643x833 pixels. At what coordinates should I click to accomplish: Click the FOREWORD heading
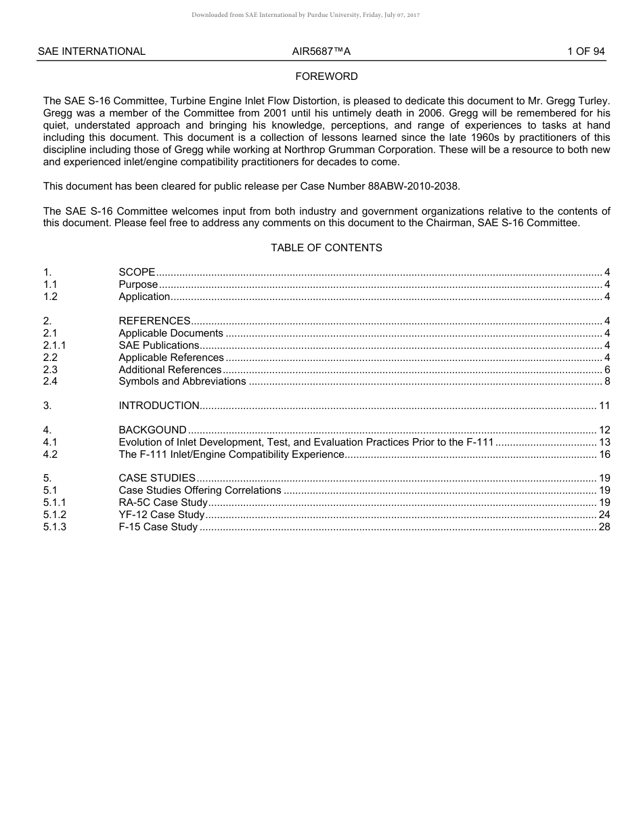(326, 77)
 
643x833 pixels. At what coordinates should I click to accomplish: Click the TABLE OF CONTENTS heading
(326, 248)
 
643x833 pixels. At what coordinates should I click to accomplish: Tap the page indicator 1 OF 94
(585, 51)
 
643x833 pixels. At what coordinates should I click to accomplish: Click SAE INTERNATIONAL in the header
(91, 51)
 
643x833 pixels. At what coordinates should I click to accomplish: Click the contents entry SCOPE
(137, 272)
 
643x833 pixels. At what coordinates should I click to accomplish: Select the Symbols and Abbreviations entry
(182, 381)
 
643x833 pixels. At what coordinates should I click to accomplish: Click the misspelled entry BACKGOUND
(152, 430)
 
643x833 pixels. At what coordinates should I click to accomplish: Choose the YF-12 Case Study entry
(161, 515)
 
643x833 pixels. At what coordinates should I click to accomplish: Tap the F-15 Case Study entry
(158, 527)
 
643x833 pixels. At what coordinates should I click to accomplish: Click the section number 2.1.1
(55, 345)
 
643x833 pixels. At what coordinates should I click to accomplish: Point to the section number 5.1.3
(55, 527)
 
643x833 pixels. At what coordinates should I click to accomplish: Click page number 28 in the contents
(604, 527)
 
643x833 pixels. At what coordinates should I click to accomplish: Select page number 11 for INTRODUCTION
(604, 406)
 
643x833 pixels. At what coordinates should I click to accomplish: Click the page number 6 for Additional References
(607, 370)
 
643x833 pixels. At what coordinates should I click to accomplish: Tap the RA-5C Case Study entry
(162, 503)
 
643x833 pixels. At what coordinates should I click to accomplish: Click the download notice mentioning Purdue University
(305, 15)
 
